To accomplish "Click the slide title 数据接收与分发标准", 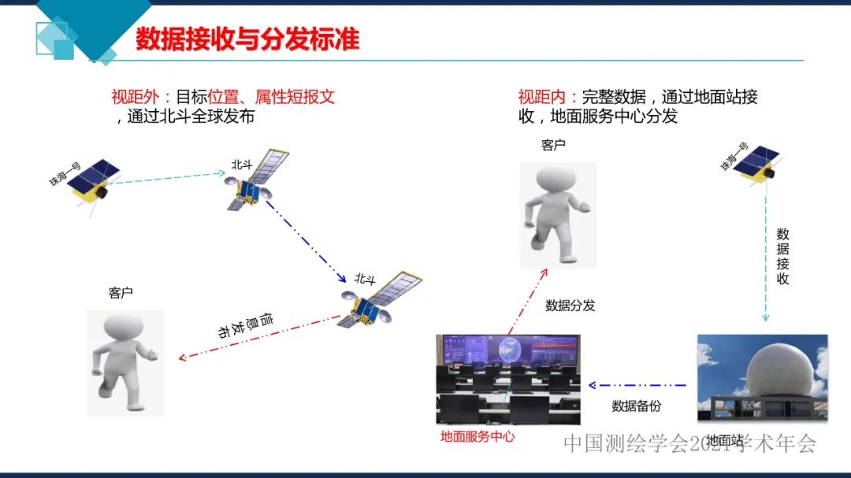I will click(x=247, y=39).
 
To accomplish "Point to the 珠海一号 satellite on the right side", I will click(x=756, y=165).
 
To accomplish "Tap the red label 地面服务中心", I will click(x=477, y=435).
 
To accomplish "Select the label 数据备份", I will click(x=636, y=406).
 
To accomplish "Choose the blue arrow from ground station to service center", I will click(x=638, y=386).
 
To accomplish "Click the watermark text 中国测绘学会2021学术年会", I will click(x=689, y=443).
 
